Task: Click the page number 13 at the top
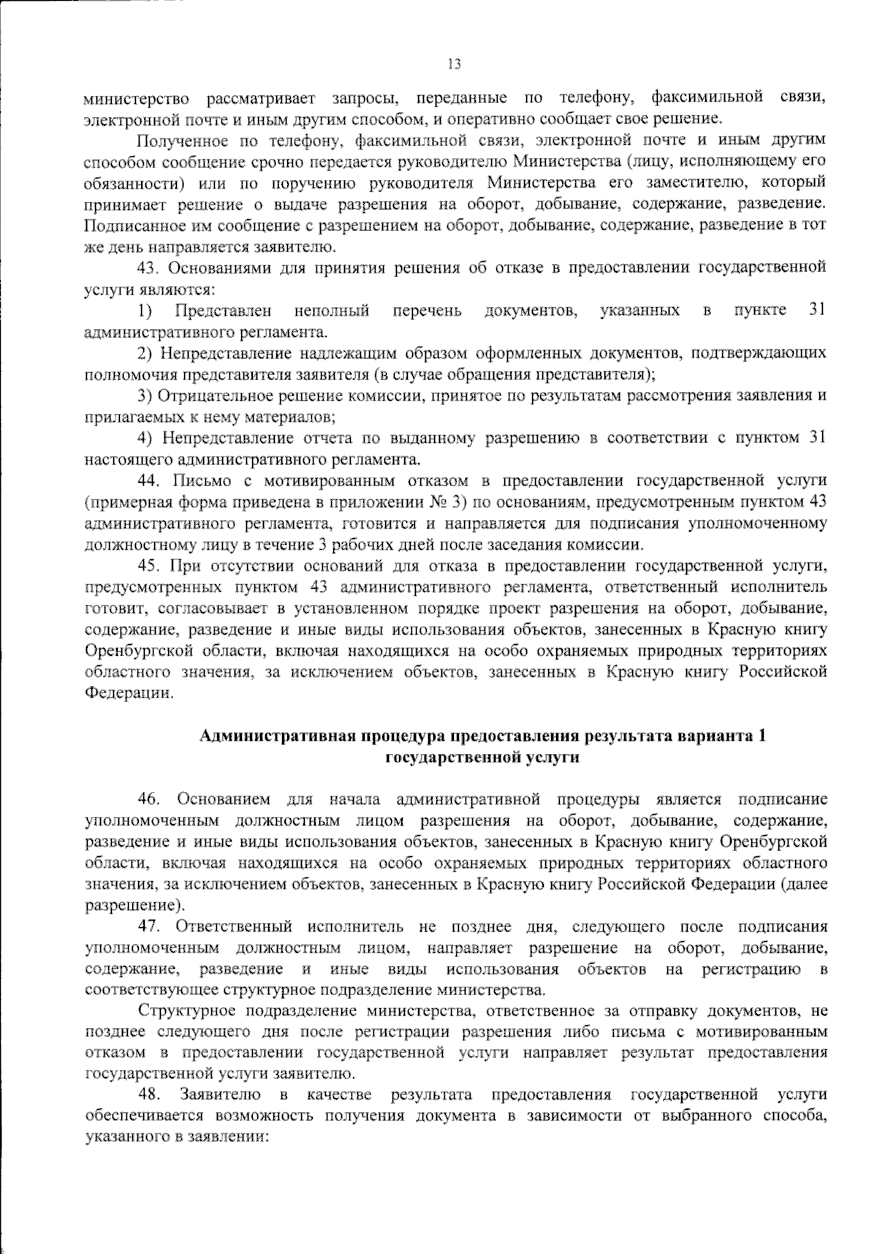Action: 454,64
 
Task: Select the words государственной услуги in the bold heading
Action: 482,758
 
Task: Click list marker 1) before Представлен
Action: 145,311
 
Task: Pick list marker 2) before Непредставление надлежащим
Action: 145,353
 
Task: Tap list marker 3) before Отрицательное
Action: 145,396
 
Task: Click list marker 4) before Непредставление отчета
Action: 145,439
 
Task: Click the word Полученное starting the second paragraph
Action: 179,140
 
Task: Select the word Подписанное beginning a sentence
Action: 127,224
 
